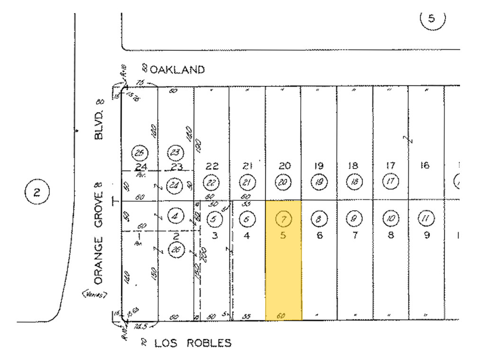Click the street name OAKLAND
click(x=177, y=70)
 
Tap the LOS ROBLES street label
click(x=193, y=343)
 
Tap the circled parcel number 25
click(x=140, y=153)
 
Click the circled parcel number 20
click(x=283, y=182)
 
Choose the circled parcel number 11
click(x=425, y=218)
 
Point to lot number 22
click(x=212, y=166)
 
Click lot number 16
click(x=424, y=165)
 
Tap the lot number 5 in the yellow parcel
click(x=283, y=235)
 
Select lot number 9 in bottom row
click(x=427, y=235)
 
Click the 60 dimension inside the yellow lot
click(x=281, y=315)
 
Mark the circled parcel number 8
click(x=319, y=218)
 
